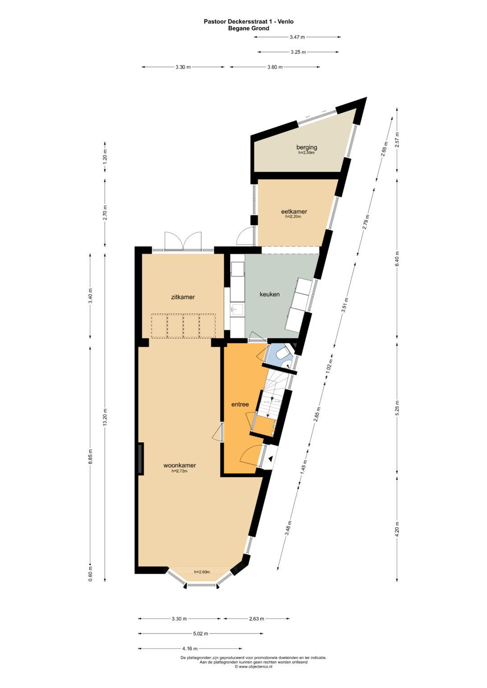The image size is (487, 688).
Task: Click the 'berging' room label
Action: tap(307, 147)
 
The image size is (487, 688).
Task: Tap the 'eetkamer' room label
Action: tap(294, 211)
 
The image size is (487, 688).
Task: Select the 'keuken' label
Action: tap(270, 294)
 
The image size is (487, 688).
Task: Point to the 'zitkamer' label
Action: tap(183, 297)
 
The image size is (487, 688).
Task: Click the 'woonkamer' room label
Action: tap(179, 465)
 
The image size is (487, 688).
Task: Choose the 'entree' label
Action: tap(240, 405)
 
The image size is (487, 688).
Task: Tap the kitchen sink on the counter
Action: tap(238, 309)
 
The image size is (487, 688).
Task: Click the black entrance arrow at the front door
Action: tap(270, 459)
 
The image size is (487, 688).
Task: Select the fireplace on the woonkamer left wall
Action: tap(141, 459)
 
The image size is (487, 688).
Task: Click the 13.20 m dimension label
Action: tap(105, 417)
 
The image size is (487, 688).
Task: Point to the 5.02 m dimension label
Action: tap(201, 633)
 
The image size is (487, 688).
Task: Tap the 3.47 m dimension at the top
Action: tap(297, 37)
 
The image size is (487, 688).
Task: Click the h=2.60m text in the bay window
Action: tap(202, 572)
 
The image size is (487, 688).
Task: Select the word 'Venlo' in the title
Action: tap(285, 22)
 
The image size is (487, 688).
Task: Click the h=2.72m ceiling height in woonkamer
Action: tap(179, 471)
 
